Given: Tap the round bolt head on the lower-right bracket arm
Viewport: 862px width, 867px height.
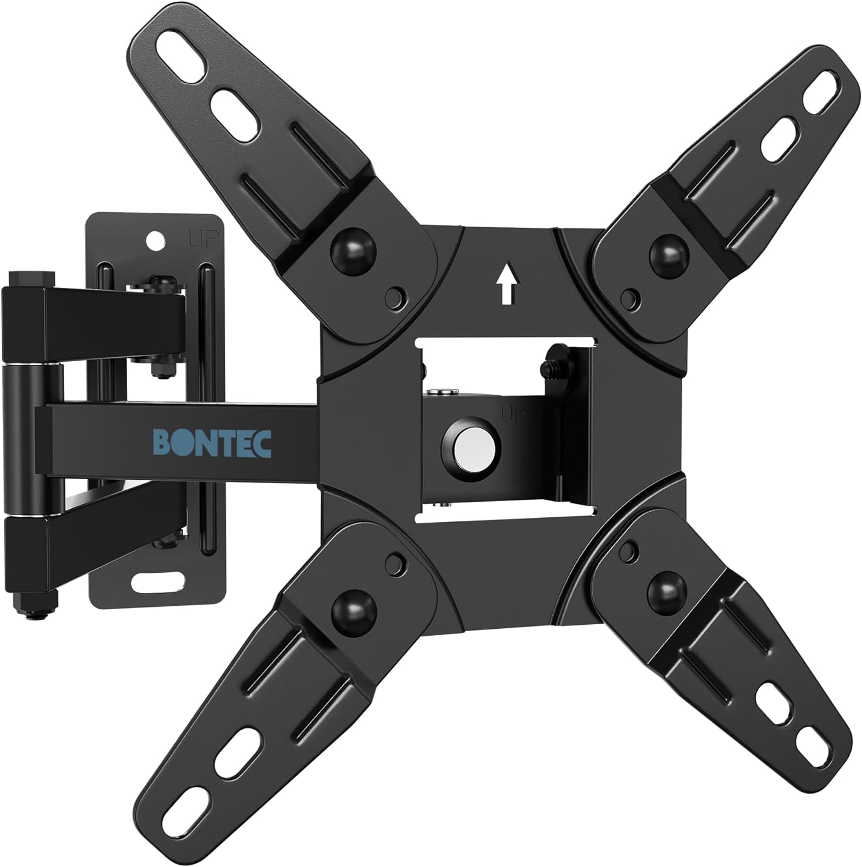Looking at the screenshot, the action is click(x=666, y=590).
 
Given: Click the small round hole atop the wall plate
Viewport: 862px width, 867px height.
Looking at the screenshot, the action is click(x=154, y=238).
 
